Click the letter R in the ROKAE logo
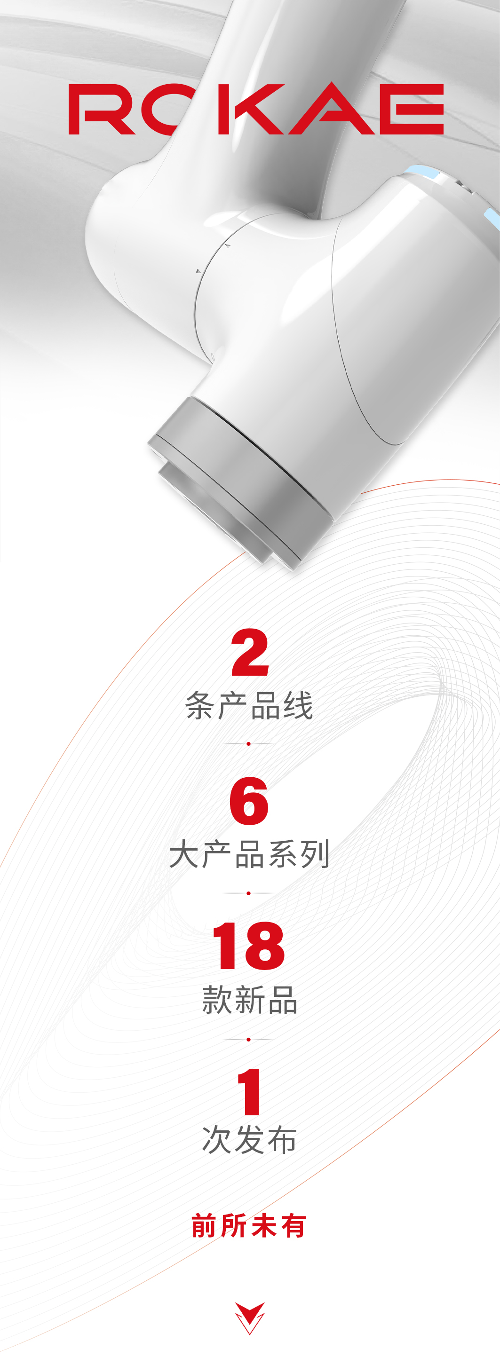[100, 109]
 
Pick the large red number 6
[249, 801]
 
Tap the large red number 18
[248, 946]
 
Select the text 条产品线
[249, 705]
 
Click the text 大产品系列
[249, 854]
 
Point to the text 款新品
[249, 999]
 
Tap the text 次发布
[249, 1140]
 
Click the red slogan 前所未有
[249, 1225]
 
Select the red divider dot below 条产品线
[248, 743]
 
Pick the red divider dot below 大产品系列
[248, 893]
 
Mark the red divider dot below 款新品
[248, 1039]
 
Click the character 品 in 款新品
[283, 999]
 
